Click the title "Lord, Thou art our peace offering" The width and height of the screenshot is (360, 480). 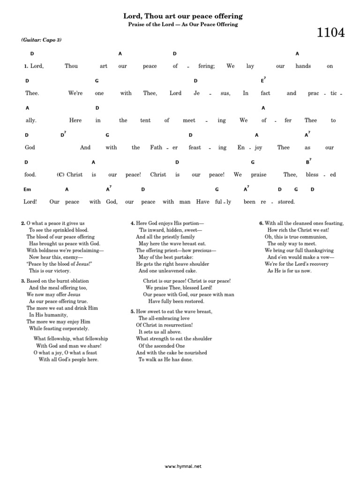(x=183, y=16)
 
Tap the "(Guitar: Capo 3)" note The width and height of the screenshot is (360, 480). (x=41, y=40)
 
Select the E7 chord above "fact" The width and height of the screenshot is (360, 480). (x=263, y=81)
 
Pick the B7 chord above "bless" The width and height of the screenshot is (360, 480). (x=308, y=162)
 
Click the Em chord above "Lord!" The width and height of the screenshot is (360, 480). (x=27, y=189)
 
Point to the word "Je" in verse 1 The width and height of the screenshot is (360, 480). (x=197, y=93)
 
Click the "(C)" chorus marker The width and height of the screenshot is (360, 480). (x=60, y=175)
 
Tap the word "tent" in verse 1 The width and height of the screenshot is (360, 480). (x=145, y=120)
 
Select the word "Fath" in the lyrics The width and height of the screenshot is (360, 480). (x=156, y=148)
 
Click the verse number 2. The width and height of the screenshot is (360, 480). (x=22, y=224)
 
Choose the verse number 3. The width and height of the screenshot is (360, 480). (x=22, y=281)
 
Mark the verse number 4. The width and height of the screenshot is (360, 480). (x=133, y=224)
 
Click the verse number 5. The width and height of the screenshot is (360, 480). (x=133, y=312)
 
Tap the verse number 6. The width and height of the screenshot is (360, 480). (x=261, y=224)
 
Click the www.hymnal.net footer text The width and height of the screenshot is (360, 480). (x=183, y=466)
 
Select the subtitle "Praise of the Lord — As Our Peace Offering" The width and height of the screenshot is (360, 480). (x=183, y=25)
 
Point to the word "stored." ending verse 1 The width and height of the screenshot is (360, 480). (x=285, y=202)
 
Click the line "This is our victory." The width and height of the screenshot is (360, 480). (x=50, y=271)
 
